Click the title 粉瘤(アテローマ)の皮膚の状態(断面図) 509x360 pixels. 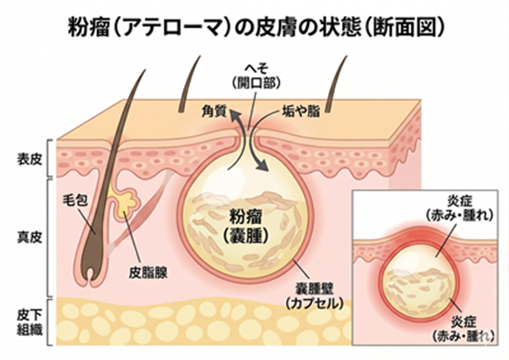255,28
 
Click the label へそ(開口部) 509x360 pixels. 255,76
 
